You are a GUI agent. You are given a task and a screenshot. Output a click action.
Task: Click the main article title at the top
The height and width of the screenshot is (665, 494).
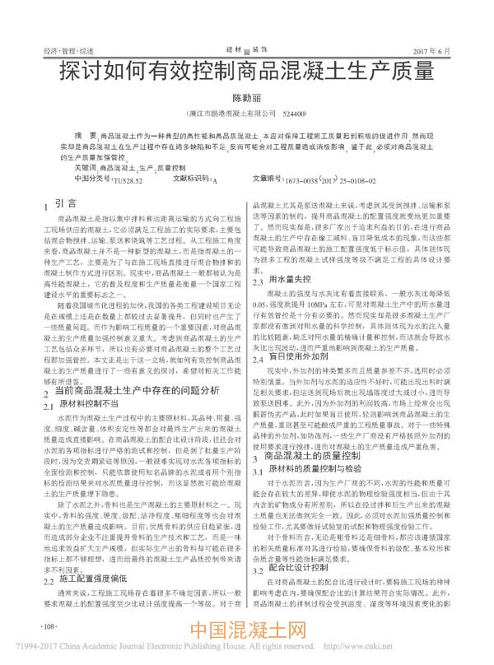(246, 71)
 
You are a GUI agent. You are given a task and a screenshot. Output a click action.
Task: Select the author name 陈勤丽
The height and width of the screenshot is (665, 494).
(245, 97)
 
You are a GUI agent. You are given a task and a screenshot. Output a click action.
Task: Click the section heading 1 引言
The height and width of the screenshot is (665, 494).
(58, 203)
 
